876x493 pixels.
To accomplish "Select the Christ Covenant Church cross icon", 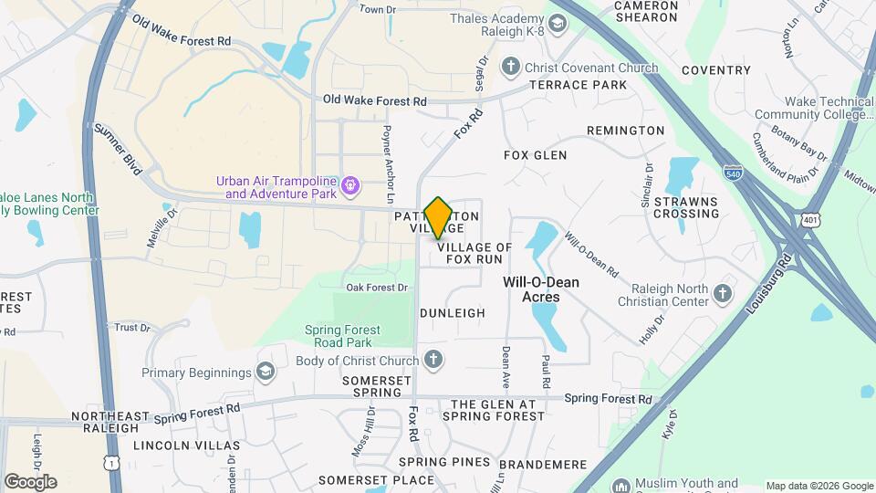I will coord(510,68).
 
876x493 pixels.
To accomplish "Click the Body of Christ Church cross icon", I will coord(433,359).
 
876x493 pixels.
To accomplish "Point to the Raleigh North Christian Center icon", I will coord(723,293).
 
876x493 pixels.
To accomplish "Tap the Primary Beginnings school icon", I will coord(265,372).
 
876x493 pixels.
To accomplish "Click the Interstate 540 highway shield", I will coord(732,172).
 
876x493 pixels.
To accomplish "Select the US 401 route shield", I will coord(812,220).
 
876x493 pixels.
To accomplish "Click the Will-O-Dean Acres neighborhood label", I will coord(543,289).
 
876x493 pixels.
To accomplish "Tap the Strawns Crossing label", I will coord(686,207).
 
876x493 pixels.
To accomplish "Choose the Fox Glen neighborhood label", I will coord(535,155).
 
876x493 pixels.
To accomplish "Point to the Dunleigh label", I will coord(453,312).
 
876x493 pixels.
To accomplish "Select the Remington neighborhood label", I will coord(625,131).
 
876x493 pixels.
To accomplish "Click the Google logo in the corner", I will coord(30,482).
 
